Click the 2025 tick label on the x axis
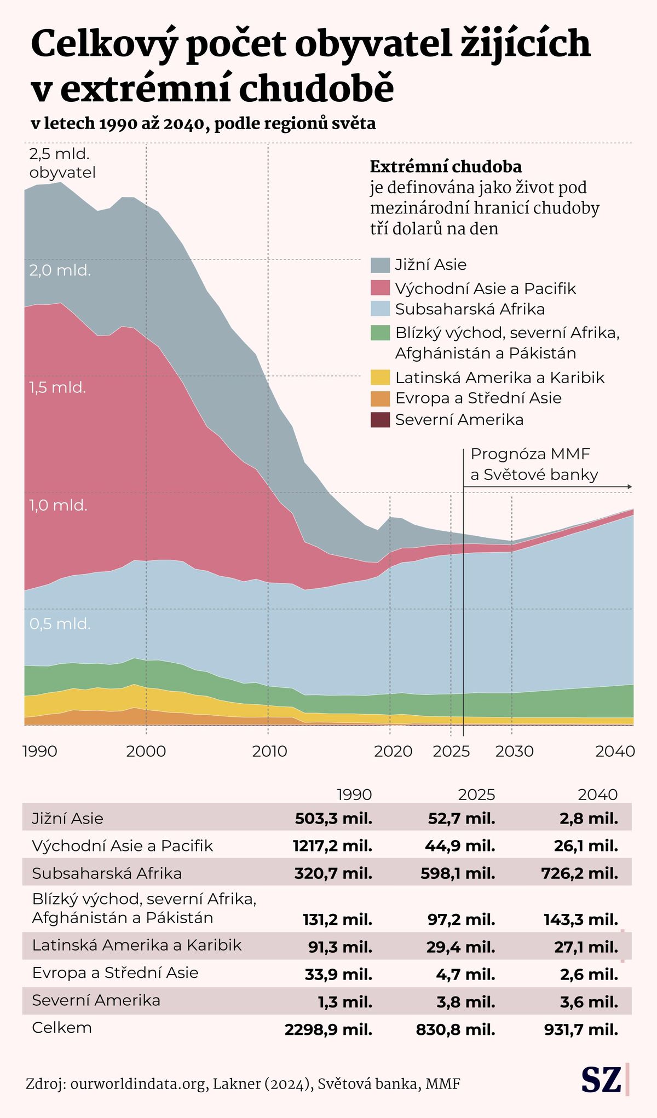(451, 751)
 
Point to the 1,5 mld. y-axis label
(57, 387)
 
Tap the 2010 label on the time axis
(269, 751)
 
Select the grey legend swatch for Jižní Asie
(380, 265)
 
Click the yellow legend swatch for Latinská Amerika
(380, 378)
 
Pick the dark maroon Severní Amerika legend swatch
(380, 420)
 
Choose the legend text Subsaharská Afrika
(470, 309)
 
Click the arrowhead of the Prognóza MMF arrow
(630, 486)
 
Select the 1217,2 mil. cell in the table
(332, 846)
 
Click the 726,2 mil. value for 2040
(580, 873)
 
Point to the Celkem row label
(62, 1028)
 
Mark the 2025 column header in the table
(476, 795)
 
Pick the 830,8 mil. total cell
(456, 1030)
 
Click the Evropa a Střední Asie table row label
(115, 972)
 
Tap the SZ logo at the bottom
(601, 1080)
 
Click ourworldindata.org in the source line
(138, 1084)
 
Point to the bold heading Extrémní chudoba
(446, 166)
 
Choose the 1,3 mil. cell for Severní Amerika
(345, 1002)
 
